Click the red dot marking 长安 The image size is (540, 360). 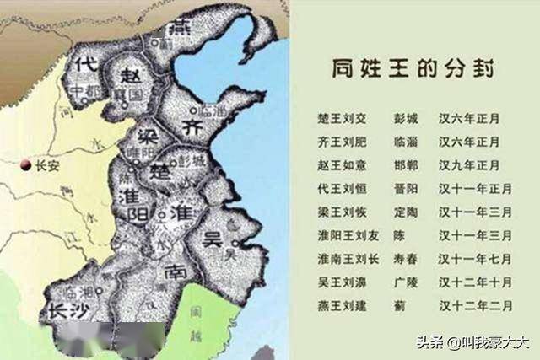click(26, 164)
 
